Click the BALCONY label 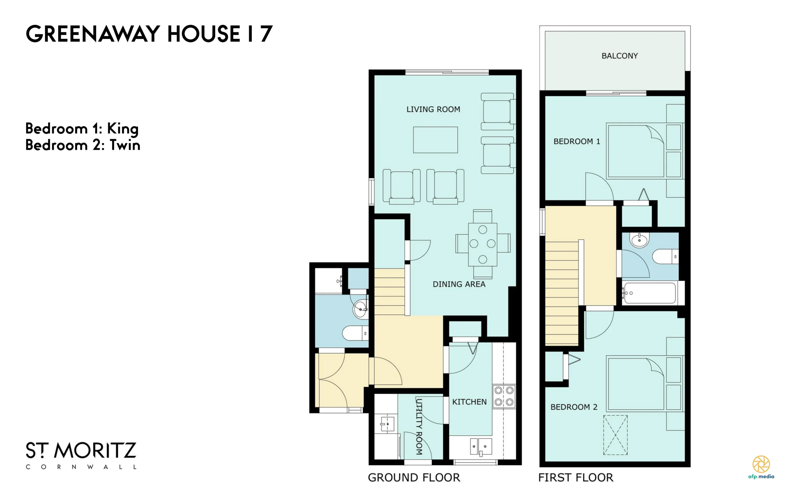tap(620, 56)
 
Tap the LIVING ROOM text tap(433, 109)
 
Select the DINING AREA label tap(459, 284)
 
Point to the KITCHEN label tap(469, 402)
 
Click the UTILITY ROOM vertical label tap(419, 427)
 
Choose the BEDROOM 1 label tap(577, 141)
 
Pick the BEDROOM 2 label tap(574, 407)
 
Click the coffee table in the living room tap(435, 140)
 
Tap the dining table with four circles tap(483, 245)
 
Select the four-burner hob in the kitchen tap(504, 396)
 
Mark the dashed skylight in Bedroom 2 tap(615, 435)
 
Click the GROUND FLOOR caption tap(414, 478)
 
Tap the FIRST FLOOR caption tap(576, 478)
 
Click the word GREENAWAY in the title tap(93, 34)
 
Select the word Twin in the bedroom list tap(125, 145)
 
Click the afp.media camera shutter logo tap(761, 464)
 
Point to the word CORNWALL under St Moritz tap(81, 467)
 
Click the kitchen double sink tap(481, 446)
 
